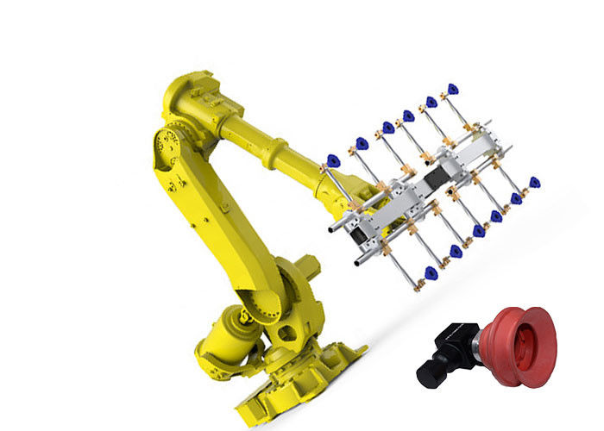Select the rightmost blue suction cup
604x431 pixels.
[534, 183]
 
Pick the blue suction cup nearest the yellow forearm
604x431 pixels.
[332, 160]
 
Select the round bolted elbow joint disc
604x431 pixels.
[169, 145]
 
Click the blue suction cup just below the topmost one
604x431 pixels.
[431, 102]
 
